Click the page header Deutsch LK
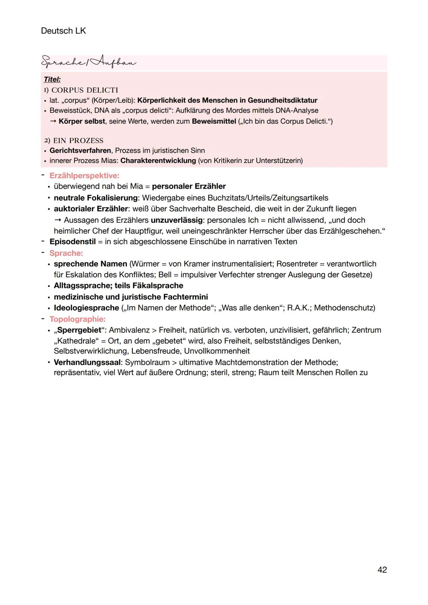[x=63, y=31]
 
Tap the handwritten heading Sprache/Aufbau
[x=88, y=62]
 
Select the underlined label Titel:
[x=52, y=80]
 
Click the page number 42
[x=382, y=570]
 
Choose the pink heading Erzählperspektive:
[x=84, y=176]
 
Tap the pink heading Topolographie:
[x=77, y=319]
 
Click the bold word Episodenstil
[x=73, y=242]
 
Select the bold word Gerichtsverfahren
[x=80, y=151]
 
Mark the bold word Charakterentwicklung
[x=158, y=160]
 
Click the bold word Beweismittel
[x=214, y=121]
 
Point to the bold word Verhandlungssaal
[x=87, y=362]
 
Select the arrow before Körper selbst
[x=53, y=121]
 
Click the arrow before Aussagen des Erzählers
[x=58, y=220]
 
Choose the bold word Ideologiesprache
[x=86, y=308]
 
